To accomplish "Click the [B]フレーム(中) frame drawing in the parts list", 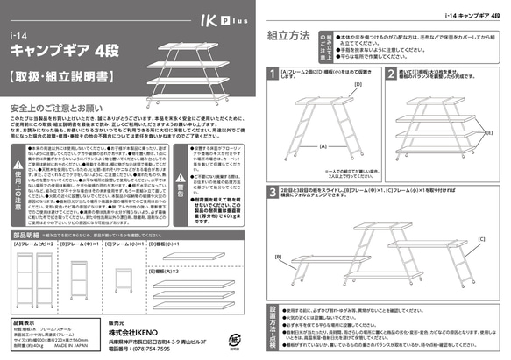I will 76,276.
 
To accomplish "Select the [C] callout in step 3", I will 481,238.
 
